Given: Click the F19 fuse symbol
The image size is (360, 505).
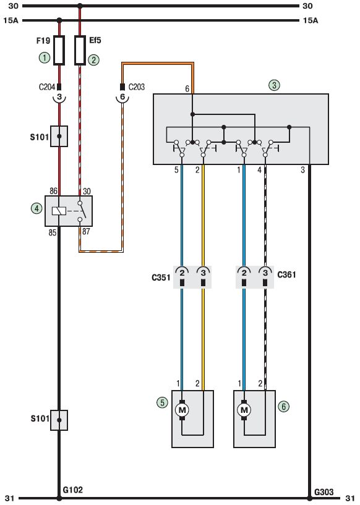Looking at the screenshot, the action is click(59, 50).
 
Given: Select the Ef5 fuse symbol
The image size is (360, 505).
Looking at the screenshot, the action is click(80, 50).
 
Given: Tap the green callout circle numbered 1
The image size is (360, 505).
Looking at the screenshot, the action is click(45, 58).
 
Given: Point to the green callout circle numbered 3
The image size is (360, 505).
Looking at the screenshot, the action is click(274, 85).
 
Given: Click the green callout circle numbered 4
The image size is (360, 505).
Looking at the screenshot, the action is click(36, 208).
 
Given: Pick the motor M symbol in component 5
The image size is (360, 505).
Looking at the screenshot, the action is click(182, 410).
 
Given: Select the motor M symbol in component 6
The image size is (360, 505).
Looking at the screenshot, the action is click(244, 410).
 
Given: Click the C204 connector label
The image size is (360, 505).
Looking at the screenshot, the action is click(47, 87).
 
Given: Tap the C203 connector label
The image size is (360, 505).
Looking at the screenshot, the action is click(137, 87).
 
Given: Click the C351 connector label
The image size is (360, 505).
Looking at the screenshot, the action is click(161, 278).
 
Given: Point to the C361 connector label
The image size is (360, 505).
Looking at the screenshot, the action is click(286, 274).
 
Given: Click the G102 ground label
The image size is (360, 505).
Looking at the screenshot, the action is click(72, 490).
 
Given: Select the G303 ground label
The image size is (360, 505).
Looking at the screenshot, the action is click(324, 492).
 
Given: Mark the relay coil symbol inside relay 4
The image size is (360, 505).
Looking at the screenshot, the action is click(59, 211).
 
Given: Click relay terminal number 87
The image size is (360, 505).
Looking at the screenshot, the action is click(86, 231).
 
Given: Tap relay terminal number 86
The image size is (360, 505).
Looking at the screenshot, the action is click(53, 191).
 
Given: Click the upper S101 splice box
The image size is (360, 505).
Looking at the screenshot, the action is click(59, 136).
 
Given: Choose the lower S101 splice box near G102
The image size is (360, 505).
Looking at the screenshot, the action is click(59, 420).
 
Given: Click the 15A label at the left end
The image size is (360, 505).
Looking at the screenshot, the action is click(11, 20).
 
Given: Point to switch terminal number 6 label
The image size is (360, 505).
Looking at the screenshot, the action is click(187, 89).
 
